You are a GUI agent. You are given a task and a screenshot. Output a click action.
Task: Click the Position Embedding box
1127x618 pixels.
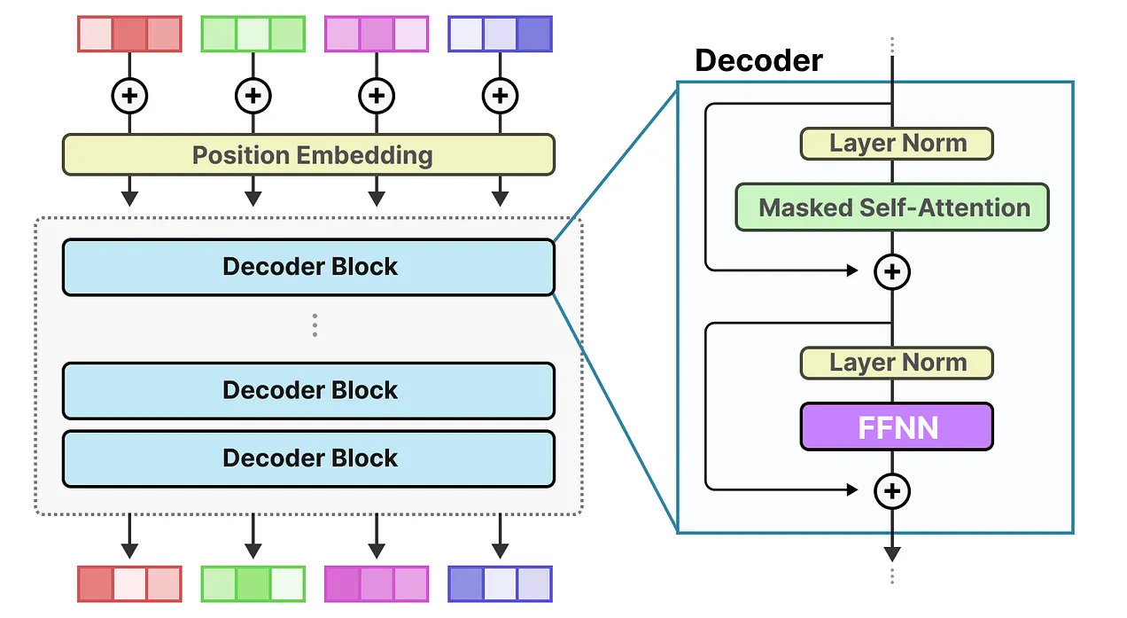[x=308, y=155]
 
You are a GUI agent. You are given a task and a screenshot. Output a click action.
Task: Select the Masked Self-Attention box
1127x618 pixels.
[x=892, y=207]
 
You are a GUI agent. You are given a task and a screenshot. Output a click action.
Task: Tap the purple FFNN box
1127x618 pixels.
[x=896, y=426]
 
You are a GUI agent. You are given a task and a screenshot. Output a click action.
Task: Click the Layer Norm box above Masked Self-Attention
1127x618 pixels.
[x=896, y=144]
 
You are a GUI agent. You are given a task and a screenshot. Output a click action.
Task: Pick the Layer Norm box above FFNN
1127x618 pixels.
[x=896, y=363]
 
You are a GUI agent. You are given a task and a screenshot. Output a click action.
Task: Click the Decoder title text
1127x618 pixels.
[x=758, y=60]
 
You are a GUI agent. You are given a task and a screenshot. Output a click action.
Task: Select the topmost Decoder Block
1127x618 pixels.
[x=308, y=267]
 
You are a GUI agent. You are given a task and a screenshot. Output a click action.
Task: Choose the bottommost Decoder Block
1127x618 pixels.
[x=308, y=458]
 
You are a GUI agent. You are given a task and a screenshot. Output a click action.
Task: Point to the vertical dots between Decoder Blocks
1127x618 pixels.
[x=315, y=325]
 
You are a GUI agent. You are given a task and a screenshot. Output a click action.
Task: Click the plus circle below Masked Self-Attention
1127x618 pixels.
[x=892, y=271]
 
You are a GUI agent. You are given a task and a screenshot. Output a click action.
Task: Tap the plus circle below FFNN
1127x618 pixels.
[x=892, y=490]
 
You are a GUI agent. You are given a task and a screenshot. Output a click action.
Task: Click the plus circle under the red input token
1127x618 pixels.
[x=129, y=95]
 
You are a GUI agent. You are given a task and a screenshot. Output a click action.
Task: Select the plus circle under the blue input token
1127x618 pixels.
[x=500, y=95]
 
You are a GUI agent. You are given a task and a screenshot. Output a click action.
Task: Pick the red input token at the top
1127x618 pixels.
[x=129, y=34]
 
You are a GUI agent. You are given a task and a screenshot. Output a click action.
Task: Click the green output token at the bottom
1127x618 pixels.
[x=253, y=584]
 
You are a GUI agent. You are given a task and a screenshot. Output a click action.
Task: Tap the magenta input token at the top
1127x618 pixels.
[x=377, y=34]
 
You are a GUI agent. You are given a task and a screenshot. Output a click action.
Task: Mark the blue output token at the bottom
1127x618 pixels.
[x=500, y=584]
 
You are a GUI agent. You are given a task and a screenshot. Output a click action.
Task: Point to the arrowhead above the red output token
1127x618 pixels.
[x=129, y=551]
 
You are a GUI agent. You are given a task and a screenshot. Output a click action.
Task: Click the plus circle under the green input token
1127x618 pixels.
[x=253, y=95]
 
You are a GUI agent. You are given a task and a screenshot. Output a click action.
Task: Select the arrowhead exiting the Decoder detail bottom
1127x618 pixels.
[x=892, y=552]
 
